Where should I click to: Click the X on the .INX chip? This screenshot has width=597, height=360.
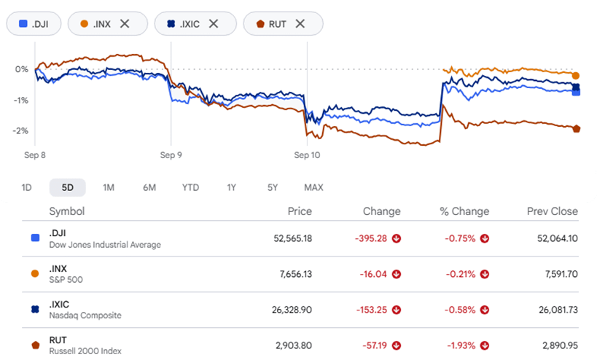pyautogui.click(x=125, y=24)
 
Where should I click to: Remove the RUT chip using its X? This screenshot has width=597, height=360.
pyautogui.click(x=300, y=24)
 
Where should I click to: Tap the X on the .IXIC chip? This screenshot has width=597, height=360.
pyautogui.click(x=214, y=24)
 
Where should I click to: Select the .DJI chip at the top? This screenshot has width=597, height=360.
pyautogui.click(x=34, y=24)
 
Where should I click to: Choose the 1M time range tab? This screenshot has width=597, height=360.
pyautogui.click(x=109, y=187)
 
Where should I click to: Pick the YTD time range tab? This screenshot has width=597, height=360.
pyautogui.click(x=190, y=187)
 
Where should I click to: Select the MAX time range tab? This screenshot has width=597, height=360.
pyautogui.click(x=313, y=187)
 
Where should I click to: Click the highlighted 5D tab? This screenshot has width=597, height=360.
pyautogui.click(x=67, y=187)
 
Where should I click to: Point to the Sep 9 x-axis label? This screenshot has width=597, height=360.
pyautogui.click(x=171, y=155)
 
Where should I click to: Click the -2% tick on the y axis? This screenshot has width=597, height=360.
pyautogui.click(x=21, y=131)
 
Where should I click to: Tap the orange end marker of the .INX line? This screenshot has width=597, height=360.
pyautogui.click(x=576, y=76)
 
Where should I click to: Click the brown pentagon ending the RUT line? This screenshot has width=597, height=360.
pyautogui.click(x=577, y=129)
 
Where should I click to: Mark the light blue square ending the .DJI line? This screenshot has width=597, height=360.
pyautogui.click(x=577, y=92)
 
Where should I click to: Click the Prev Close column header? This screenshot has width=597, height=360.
pyautogui.click(x=553, y=211)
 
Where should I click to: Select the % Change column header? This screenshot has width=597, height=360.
pyautogui.click(x=464, y=211)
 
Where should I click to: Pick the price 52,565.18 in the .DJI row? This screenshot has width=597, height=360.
pyautogui.click(x=293, y=238)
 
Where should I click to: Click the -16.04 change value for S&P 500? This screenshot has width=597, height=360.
pyautogui.click(x=373, y=275)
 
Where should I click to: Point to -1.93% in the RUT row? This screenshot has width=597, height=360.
pyautogui.click(x=461, y=345)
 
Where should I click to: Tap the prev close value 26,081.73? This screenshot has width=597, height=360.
pyautogui.click(x=558, y=310)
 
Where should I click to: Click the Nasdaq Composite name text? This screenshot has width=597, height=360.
pyautogui.click(x=85, y=316)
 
